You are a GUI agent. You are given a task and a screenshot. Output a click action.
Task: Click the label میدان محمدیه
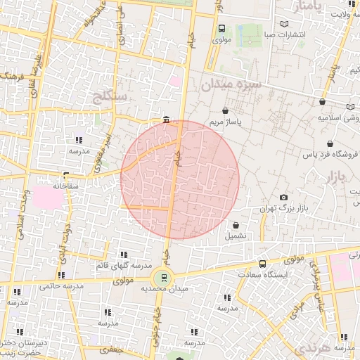(x=164, y=289)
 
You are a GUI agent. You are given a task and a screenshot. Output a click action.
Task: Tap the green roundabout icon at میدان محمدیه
(x=165, y=277)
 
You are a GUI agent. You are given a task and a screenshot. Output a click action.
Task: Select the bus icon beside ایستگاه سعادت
(x=262, y=264)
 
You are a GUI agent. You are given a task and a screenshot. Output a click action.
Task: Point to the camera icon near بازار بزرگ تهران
(x=283, y=198)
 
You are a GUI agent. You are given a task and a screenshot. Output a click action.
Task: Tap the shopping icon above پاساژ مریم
(x=225, y=110)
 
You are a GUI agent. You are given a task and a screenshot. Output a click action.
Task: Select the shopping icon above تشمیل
(x=235, y=226)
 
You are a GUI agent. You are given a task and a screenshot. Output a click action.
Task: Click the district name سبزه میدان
(x=231, y=84)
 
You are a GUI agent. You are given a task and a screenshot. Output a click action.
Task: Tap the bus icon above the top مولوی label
(x=222, y=29)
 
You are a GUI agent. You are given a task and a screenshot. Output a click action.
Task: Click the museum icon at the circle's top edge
(x=165, y=120)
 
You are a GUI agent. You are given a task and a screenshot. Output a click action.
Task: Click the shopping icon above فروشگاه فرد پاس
(x=329, y=143)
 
